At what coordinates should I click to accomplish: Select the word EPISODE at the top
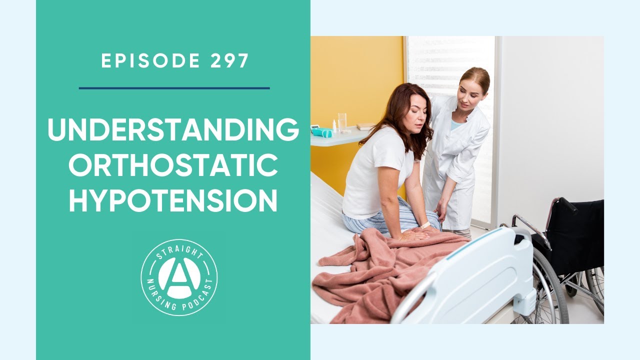point(150,61)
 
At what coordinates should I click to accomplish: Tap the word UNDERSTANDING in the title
point(173,130)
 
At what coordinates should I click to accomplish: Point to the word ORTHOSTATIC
point(173,166)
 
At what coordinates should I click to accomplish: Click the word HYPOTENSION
point(173,201)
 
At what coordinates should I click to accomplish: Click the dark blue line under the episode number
point(174,88)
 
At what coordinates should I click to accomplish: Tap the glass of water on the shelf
point(342,122)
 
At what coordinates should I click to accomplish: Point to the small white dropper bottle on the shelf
point(334,125)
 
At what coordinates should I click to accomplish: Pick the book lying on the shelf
point(365,126)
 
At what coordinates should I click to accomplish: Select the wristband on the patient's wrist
point(425,225)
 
